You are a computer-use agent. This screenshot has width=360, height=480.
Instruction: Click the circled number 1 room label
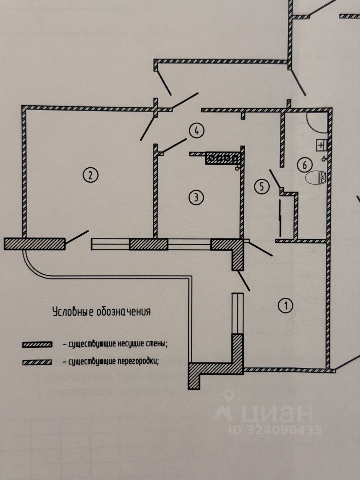coord(285,305)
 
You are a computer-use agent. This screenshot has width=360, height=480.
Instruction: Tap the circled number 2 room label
coord(90,175)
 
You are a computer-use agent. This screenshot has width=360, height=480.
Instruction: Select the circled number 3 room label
coord(196,197)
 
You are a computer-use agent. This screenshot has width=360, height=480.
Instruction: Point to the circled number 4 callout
coord(196,131)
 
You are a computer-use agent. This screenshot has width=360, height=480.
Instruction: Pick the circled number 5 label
coord(258,186)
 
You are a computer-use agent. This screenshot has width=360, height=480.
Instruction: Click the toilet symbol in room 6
coord(316,177)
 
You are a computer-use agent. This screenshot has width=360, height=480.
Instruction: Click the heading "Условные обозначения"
coord(102,312)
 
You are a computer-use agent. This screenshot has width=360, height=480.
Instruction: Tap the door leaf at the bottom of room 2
coord(77,237)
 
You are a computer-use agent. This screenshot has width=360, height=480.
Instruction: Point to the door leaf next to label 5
coord(274,179)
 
